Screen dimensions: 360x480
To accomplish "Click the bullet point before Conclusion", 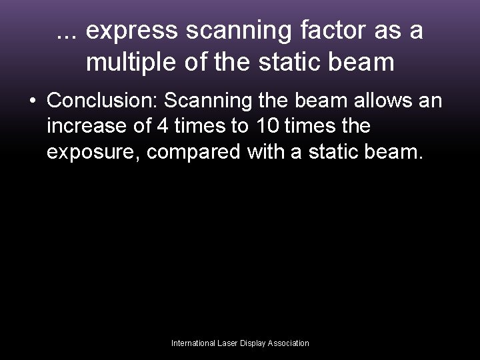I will (32, 101).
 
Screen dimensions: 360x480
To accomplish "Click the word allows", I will (381, 101).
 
